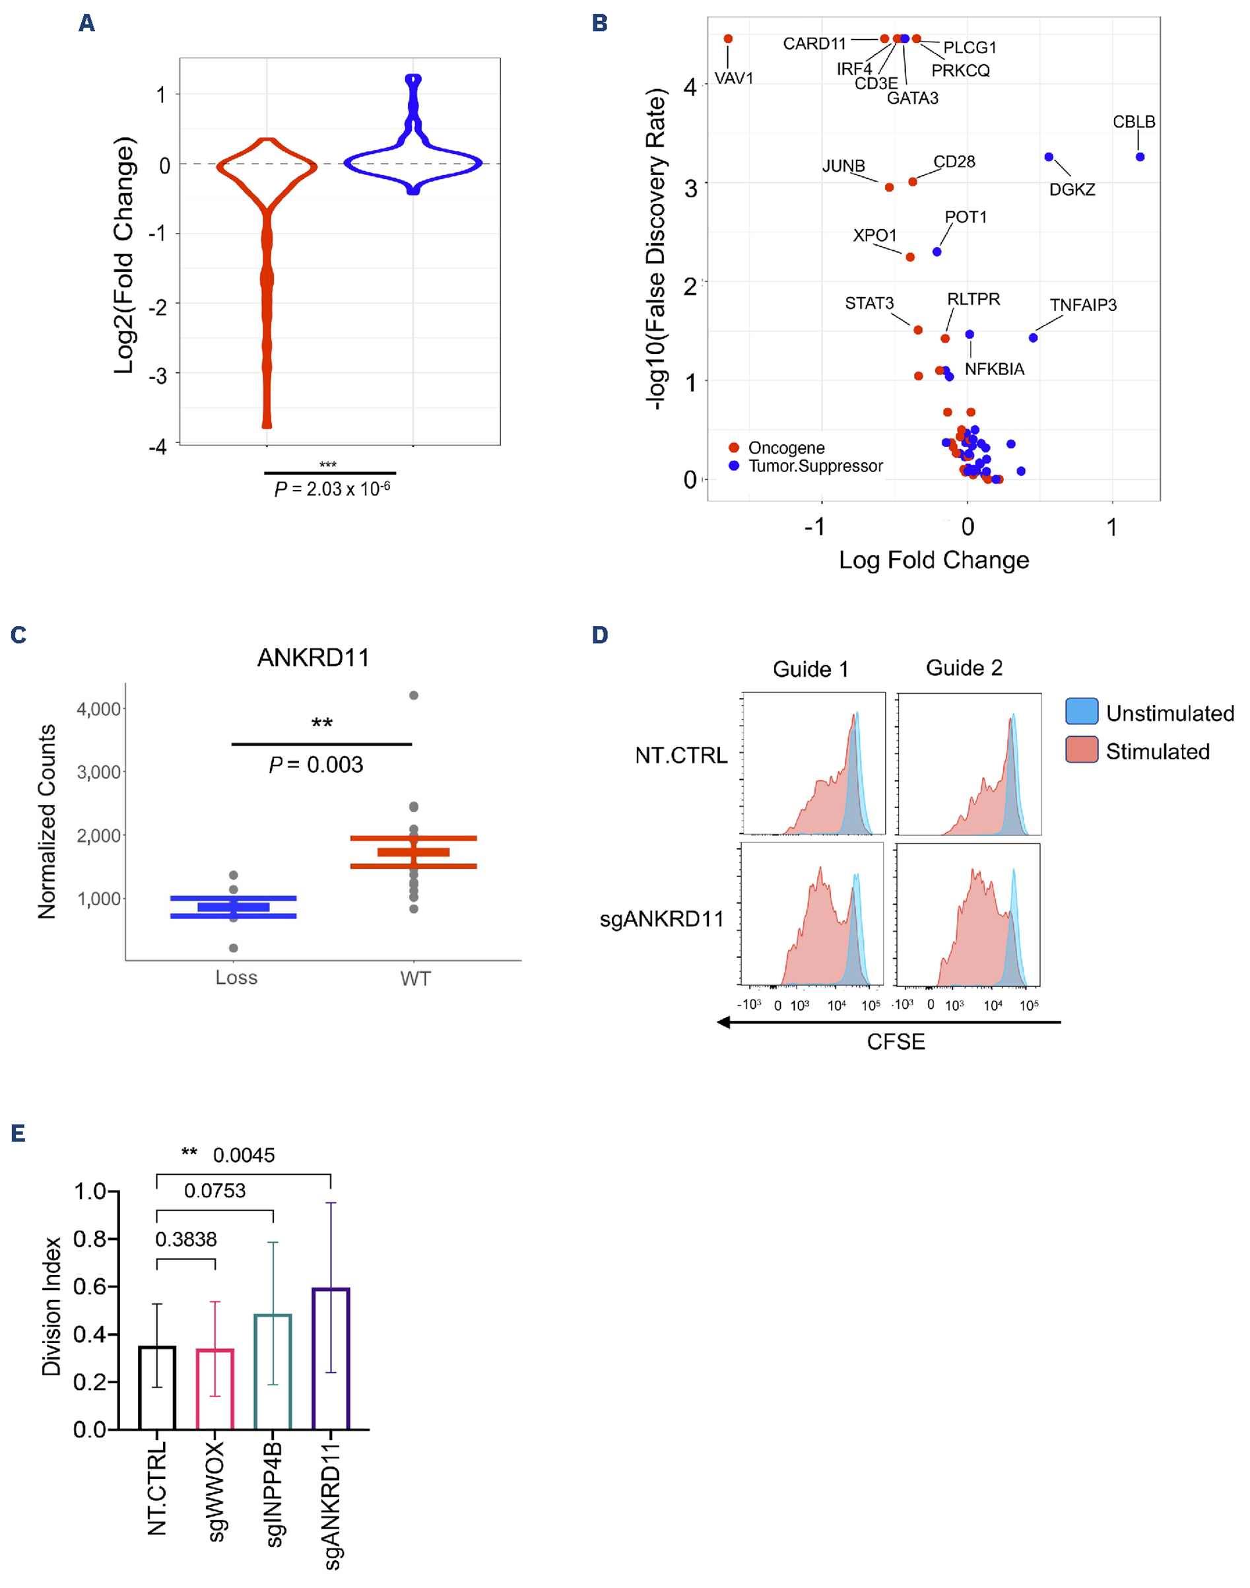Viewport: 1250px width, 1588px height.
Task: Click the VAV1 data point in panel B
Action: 727,39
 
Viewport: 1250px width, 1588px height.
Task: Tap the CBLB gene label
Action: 1134,121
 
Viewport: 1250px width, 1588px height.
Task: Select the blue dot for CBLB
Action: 1140,156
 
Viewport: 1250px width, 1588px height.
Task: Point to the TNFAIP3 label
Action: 1083,304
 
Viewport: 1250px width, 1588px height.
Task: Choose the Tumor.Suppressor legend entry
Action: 815,466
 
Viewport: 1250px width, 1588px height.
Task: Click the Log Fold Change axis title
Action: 934,560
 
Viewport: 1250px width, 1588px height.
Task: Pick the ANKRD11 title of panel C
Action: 313,658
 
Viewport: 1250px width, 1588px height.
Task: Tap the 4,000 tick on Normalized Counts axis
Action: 99,708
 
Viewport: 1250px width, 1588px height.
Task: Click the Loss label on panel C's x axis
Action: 236,977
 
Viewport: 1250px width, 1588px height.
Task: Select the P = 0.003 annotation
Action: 316,765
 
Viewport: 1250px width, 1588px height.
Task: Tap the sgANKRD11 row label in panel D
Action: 661,919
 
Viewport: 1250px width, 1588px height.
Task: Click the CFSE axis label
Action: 896,1041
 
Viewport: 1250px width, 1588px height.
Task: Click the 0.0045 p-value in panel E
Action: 244,1155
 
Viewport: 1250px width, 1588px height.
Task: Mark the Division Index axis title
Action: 51,1306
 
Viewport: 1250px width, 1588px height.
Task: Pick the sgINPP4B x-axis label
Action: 274,1494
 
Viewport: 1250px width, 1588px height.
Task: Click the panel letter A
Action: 87,23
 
